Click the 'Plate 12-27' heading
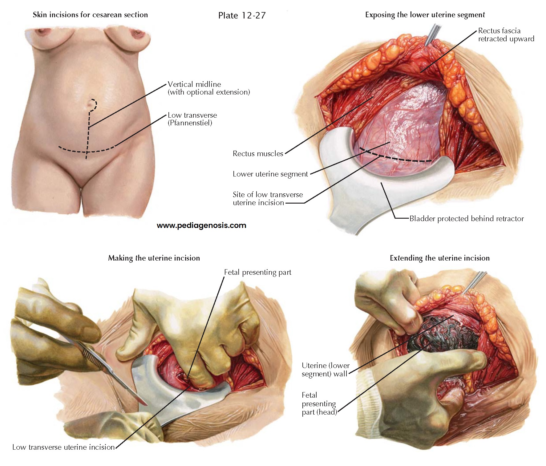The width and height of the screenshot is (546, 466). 242,15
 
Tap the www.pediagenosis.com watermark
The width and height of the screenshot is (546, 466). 201,225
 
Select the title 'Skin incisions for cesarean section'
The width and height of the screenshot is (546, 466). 90,15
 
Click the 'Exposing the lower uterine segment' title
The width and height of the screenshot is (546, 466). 425,15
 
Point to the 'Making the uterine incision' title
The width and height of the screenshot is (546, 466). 154,258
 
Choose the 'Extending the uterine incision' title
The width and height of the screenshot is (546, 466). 439,258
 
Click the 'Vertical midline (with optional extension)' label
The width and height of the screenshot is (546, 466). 208,88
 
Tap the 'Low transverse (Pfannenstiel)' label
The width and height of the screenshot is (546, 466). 192,119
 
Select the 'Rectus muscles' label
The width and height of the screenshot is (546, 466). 258,154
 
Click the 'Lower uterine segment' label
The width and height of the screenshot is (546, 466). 270,174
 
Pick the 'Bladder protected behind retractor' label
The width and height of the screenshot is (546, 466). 466,219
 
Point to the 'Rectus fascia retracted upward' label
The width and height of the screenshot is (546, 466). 506,35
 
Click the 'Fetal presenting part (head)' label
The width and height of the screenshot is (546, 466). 319,403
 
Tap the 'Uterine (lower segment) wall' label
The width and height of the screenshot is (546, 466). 325,370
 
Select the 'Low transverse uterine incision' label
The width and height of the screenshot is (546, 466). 63,447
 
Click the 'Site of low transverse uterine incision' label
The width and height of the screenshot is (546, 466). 268,199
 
